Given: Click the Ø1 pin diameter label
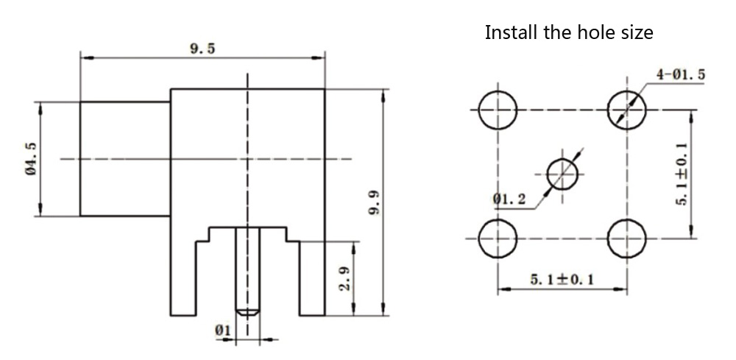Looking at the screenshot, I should pos(223,331).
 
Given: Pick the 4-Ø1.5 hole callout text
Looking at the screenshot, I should pos(681,74).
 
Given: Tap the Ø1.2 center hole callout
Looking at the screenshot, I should pos(510,199).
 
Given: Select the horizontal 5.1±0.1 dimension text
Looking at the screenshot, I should pos(562,279).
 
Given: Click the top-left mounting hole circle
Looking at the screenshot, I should pos(498,110).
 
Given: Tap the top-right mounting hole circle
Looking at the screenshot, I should pos(627,110).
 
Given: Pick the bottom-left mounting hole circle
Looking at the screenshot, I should pos(498,239).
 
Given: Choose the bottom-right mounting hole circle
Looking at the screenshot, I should pos(627,239).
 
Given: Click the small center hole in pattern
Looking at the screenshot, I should pos(564,174).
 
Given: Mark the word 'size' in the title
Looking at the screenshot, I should pos(635,33).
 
